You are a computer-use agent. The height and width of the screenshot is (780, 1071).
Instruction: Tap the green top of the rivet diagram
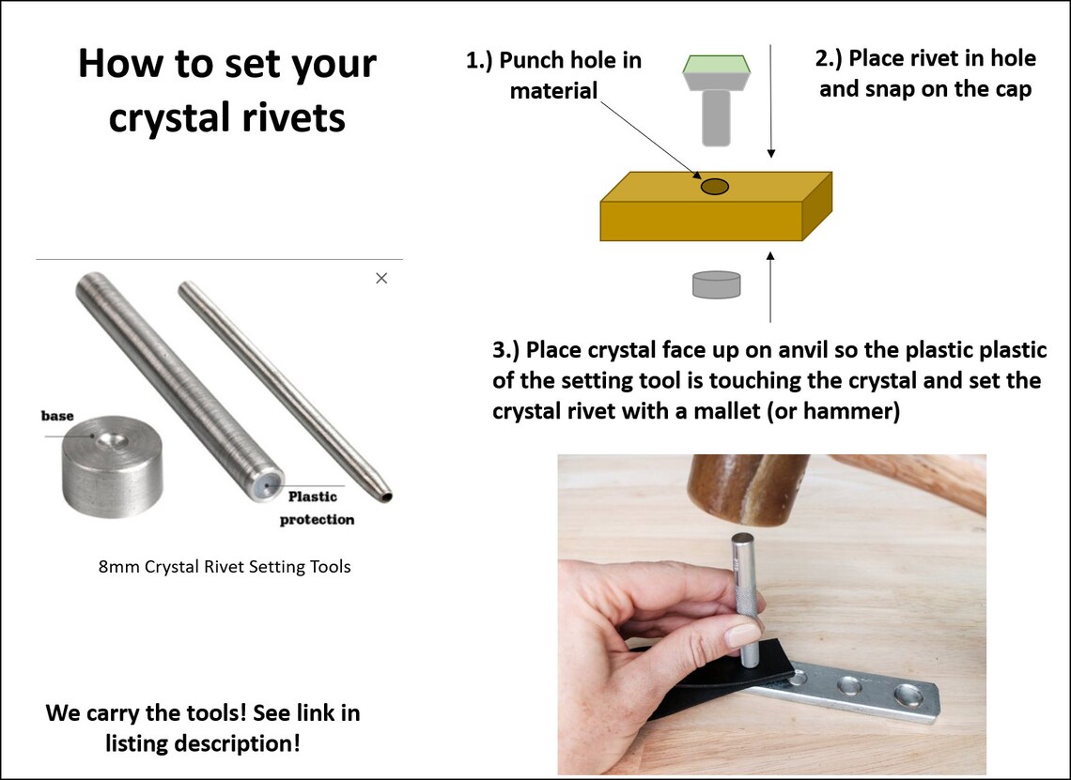[x=715, y=65]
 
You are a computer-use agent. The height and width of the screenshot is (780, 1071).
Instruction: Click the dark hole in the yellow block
[x=715, y=186]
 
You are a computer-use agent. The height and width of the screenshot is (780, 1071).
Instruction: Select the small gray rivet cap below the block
[x=716, y=284]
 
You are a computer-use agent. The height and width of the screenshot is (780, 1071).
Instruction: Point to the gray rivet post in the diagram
[x=716, y=116]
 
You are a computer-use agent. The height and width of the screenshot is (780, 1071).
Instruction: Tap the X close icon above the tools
[x=381, y=278]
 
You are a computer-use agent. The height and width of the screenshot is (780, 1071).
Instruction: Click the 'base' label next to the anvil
[x=57, y=415]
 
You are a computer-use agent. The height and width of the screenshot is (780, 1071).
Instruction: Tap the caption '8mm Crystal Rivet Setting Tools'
[x=225, y=567]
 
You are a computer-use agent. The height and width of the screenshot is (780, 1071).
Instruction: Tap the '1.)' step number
[x=480, y=61]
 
